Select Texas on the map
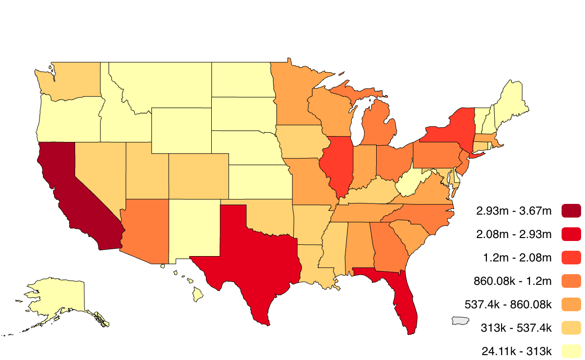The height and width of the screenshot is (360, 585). pyautogui.click(x=249, y=254)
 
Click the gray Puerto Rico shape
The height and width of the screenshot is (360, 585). pyautogui.click(x=461, y=320)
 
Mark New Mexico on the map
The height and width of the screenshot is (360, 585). pyautogui.click(x=193, y=229)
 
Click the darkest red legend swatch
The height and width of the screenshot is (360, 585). pyautogui.click(x=571, y=211)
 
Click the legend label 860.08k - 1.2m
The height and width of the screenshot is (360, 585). pyautogui.click(x=512, y=281)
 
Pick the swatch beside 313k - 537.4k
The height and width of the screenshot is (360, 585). pyautogui.click(x=571, y=328)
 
